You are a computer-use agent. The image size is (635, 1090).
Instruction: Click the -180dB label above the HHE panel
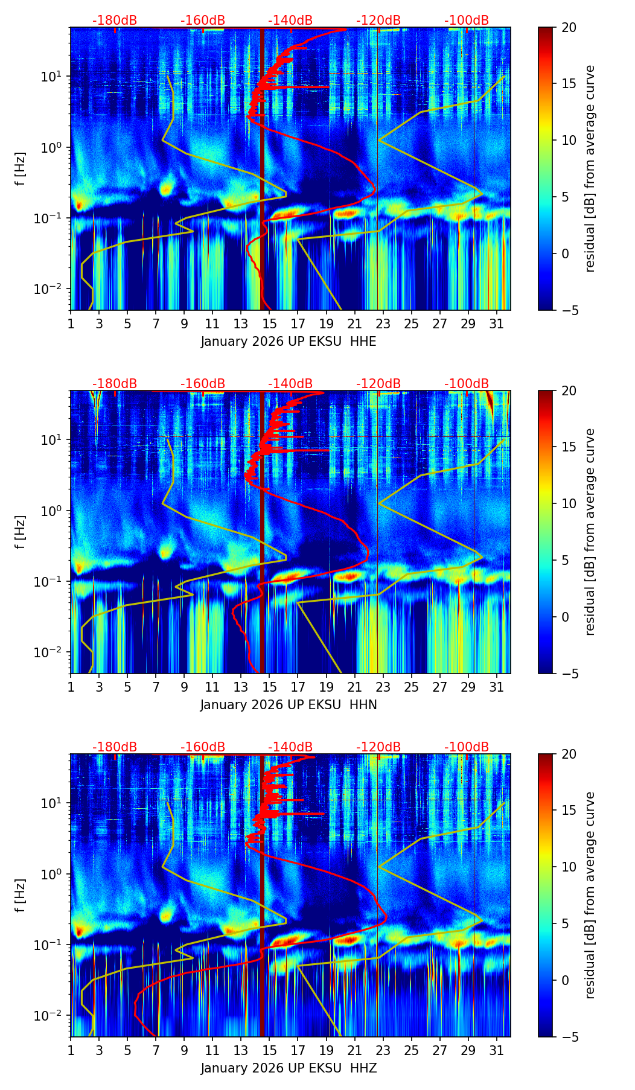click(x=115, y=21)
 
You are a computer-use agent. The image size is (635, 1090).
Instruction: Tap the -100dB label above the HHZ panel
click(x=467, y=747)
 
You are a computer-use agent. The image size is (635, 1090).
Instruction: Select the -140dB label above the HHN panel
click(x=290, y=384)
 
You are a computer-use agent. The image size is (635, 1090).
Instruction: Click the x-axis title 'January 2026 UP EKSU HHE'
click(x=289, y=342)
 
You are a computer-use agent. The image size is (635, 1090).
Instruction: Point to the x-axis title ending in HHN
click(x=289, y=705)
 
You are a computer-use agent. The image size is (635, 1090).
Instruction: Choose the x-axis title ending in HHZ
click(x=289, y=1068)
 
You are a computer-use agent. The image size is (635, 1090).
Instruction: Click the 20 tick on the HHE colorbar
click(x=569, y=27)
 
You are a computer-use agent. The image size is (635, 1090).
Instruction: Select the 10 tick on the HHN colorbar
click(x=569, y=503)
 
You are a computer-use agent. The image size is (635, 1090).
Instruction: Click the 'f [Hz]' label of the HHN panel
click(x=21, y=532)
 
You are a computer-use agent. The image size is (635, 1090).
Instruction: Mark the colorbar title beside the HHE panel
click(x=590, y=168)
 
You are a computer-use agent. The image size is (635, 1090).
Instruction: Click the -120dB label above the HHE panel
click(x=378, y=21)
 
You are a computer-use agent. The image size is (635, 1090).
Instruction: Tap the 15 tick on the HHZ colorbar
click(x=569, y=811)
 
